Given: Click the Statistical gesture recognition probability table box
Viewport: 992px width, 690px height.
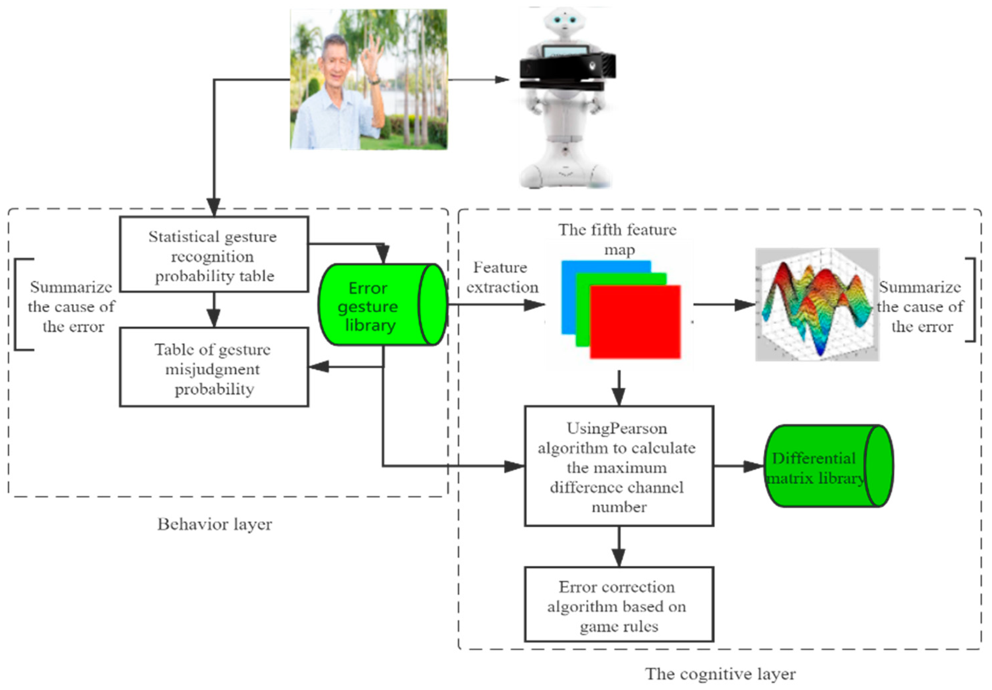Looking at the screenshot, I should pyautogui.click(x=214, y=254).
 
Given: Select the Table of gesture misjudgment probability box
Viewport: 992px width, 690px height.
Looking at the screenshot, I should pyautogui.click(x=214, y=367).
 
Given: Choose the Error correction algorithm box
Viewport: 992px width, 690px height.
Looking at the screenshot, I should pyautogui.click(x=619, y=605).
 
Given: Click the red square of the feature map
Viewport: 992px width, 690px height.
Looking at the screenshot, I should pyautogui.click(x=635, y=322).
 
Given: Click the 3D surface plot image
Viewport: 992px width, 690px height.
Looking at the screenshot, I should pyautogui.click(x=817, y=305).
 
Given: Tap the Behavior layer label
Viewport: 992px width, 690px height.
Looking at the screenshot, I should pyautogui.click(x=214, y=524).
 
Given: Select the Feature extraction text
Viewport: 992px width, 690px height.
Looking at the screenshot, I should pyautogui.click(x=501, y=277).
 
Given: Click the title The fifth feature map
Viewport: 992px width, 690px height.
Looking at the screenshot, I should pyautogui.click(x=618, y=239).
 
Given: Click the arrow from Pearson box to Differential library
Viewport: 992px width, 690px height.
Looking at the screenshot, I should pyautogui.click(x=739, y=466).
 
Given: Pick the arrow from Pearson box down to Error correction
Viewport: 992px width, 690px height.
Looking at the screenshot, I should pyautogui.click(x=619, y=547).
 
